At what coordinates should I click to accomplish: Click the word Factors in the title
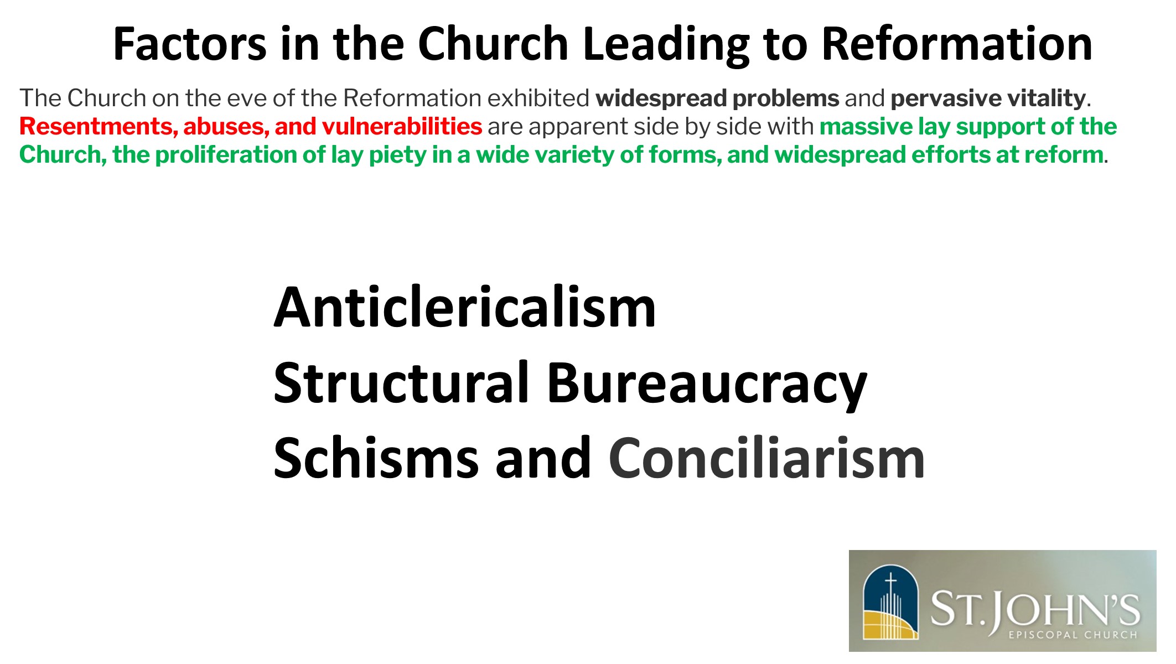(190, 44)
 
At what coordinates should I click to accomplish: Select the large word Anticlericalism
(465, 308)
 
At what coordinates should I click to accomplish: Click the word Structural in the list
(401, 382)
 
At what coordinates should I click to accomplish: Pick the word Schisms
(376, 458)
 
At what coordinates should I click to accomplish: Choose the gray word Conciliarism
(766, 458)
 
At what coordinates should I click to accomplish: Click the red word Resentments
(99, 127)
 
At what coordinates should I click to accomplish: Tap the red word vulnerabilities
(402, 127)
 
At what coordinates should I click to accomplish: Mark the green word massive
(866, 127)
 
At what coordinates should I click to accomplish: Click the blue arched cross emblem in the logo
(890, 601)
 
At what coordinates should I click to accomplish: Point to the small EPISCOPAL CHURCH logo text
(1073, 635)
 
